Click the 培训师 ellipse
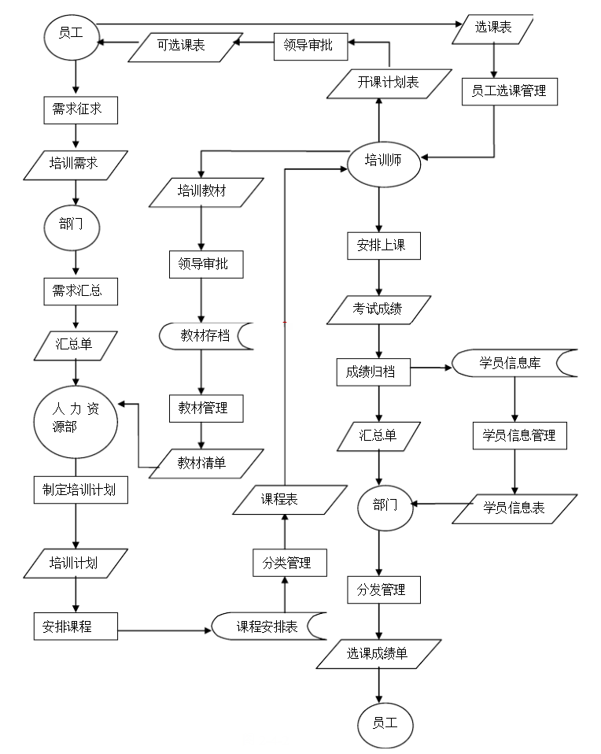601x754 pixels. click(383, 162)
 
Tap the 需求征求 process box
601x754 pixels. click(79, 109)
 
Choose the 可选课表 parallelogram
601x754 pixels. click(182, 46)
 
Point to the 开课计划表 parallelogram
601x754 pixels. click(389, 83)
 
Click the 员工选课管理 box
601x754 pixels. click(510, 91)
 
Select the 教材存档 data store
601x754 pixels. click(205, 336)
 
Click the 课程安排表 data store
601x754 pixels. click(267, 626)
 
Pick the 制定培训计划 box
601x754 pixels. click(75, 489)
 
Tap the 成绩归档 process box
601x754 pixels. click(372, 371)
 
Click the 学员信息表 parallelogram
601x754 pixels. click(514, 508)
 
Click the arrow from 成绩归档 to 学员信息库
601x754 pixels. click(430, 368)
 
